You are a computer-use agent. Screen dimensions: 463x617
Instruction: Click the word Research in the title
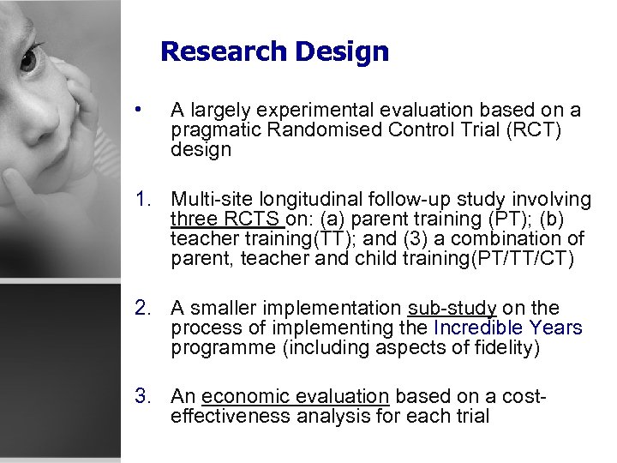tap(224, 51)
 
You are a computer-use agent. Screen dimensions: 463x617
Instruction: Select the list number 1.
tap(142, 200)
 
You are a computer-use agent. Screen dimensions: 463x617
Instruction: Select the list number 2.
tap(142, 308)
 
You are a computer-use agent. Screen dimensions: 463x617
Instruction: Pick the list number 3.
tap(142, 396)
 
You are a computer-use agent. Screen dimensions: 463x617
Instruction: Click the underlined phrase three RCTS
tap(227, 218)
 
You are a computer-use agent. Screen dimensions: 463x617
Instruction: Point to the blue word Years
tap(556, 328)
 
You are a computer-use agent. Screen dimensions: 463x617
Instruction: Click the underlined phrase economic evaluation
tap(296, 396)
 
